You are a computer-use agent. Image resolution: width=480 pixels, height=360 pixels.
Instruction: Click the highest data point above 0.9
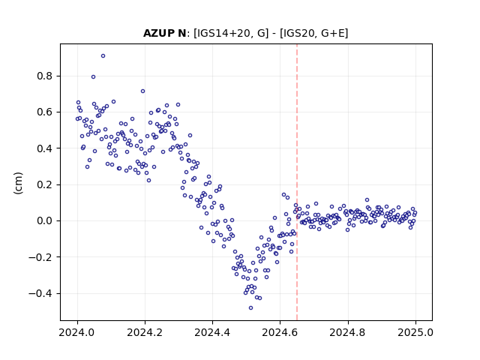tap(103, 56)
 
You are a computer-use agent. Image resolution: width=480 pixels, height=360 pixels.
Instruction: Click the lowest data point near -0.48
tap(250, 308)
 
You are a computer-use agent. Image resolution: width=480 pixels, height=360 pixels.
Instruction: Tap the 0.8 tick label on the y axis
tap(45, 76)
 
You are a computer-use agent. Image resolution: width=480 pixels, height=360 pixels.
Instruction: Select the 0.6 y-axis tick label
tap(45, 112)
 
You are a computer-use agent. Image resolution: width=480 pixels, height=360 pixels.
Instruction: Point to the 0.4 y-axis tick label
tap(45, 148)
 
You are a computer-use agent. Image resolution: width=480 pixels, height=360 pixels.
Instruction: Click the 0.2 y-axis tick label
tap(45, 184)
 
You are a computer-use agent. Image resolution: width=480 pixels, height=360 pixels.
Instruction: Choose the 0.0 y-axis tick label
tap(45, 220)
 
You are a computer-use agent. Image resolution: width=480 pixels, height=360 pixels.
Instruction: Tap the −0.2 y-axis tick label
tap(40, 257)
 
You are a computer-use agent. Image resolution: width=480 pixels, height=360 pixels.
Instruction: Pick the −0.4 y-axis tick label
tap(40, 293)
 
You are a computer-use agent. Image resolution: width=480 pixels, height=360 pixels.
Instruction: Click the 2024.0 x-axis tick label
tap(76, 332)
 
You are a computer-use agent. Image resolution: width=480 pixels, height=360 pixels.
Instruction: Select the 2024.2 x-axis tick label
tap(145, 332)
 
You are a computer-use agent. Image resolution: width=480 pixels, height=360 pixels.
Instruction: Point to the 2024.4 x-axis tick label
tap(212, 332)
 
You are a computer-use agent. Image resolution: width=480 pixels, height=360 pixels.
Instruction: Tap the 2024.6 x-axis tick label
tap(280, 332)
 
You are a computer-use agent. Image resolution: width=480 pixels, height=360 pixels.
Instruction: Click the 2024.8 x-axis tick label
tap(347, 332)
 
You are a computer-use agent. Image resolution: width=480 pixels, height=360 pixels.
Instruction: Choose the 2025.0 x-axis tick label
tap(415, 332)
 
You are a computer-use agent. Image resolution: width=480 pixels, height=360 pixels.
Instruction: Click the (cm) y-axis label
tap(18, 183)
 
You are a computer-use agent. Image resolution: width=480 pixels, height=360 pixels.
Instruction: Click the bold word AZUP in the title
tap(157, 33)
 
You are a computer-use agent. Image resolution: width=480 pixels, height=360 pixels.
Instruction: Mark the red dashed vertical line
tap(297, 182)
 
